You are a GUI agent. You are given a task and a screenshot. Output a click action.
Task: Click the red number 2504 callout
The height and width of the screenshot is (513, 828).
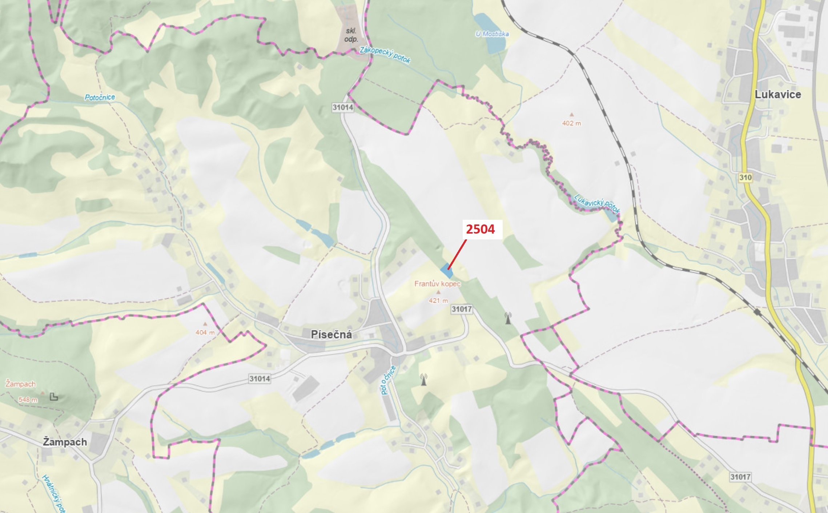pyautogui.click(x=480, y=229)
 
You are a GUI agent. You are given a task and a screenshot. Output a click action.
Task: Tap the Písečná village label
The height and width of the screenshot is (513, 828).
pyautogui.click(x=331, y=335)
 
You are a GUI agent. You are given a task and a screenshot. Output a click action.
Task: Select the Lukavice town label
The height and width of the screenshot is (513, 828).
pyautogui.click(x=777, y=95)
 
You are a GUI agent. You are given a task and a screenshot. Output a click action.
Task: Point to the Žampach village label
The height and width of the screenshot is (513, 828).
pyautogui.click(x=65, y=442)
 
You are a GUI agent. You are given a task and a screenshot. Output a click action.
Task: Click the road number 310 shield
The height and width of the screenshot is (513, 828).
pyautogui.click(x=745, y=178)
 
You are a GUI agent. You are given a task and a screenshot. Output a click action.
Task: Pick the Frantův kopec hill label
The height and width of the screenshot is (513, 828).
pyautogui.click(x=437, y=284)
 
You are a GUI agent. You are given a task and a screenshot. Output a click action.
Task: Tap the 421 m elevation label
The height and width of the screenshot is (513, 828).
pyautogui.click(x=438, y=301)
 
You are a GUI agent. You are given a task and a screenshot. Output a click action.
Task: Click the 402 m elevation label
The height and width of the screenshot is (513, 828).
pyautogui.click(x=571, y=123)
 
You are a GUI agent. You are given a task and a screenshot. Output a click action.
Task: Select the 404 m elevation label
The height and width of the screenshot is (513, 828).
pyautogui.click(x=205, y=333)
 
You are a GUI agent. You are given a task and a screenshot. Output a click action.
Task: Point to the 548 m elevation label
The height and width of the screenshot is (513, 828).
pyautogui.click(x=28, y=400)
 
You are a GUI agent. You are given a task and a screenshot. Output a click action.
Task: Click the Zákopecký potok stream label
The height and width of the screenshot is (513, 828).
pyautogui.click(x=385, y=55)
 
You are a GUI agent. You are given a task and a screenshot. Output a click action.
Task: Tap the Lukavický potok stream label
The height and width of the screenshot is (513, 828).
pyautogui.click(x=596, y=203)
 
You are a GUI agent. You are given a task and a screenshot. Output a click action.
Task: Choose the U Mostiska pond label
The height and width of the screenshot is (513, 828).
pyautogui.click(x=492, y=34)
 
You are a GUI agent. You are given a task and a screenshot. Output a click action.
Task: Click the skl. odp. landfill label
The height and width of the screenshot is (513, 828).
pyautogui.click(x=351, y=35)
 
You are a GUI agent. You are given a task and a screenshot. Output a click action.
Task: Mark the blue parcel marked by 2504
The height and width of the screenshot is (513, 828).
pyautogui.click(x=446, y=271)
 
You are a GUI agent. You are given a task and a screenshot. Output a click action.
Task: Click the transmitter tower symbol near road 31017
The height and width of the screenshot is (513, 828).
pyautogui.click(x=508, y=318)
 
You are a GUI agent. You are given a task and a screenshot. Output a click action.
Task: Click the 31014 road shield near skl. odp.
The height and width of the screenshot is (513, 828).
pyautogui.click(x=342, y=107)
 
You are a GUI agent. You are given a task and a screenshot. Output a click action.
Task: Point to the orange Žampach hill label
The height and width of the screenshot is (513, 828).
pyautogui.click(x=21, y=384)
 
